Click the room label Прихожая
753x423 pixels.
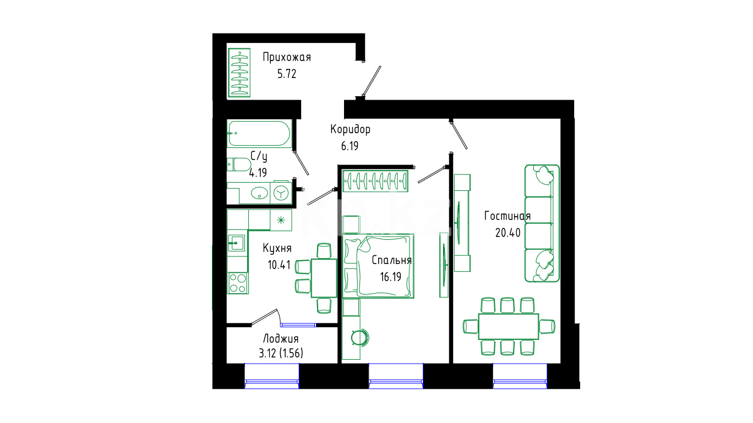287,57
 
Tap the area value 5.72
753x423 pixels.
287,74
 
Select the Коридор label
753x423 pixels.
350,130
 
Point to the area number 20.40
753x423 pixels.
508,233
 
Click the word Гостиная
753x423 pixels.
508,216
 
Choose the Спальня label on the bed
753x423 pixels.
391,261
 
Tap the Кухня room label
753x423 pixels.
277,248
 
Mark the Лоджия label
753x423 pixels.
281,339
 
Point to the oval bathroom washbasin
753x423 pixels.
259,193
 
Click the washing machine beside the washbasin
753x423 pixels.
281,193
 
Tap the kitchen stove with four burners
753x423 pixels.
238,283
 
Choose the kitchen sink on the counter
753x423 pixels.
237,242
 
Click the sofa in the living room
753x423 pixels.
542,223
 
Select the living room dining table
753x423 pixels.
508,326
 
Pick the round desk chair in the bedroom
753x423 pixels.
361,336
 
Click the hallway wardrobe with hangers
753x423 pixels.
239,73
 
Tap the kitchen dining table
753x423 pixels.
324,277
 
